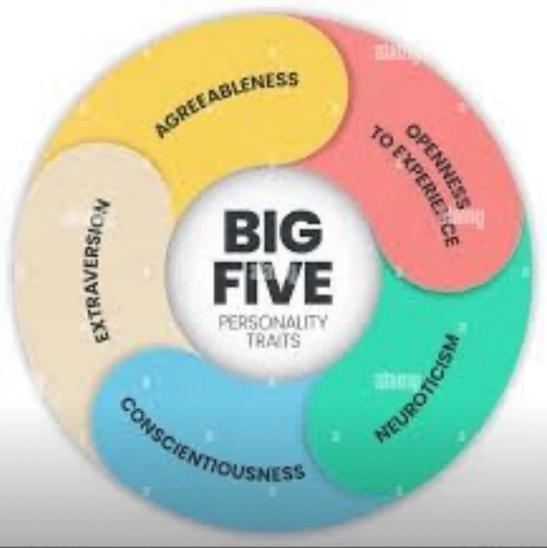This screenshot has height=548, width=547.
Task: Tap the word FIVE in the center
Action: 273,283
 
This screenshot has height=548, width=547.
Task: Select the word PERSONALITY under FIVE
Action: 273,322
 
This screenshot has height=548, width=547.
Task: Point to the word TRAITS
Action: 273,340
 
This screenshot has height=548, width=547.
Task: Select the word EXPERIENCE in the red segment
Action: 423,195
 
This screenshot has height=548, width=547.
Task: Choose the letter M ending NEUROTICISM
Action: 450,343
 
